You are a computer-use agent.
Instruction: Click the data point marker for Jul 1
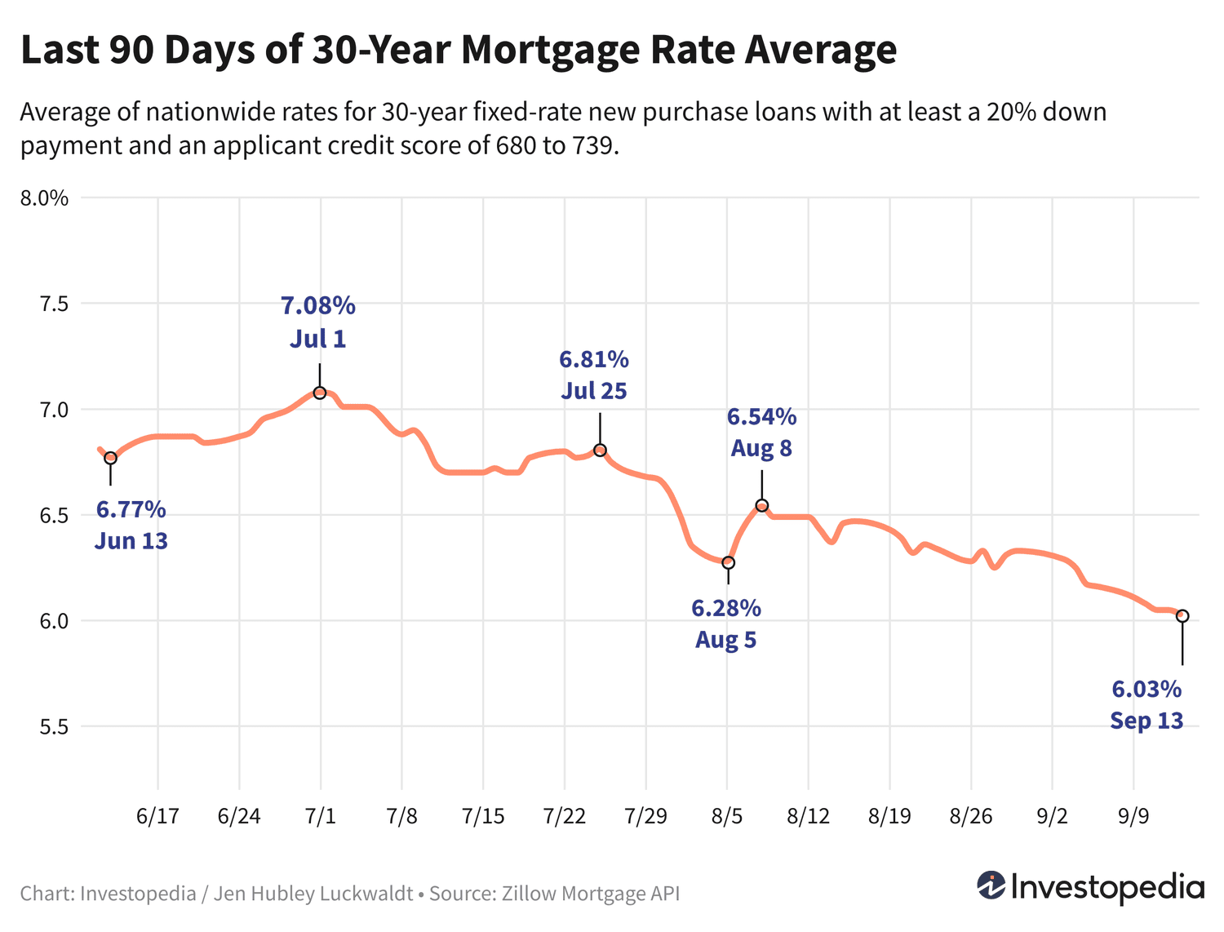click(x=320, y=393)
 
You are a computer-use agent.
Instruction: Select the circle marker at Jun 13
click(x=110, y=458)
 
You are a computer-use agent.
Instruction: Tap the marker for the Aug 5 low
click(x=728, y=562)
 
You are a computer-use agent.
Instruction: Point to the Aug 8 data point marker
click(x=761, y=505)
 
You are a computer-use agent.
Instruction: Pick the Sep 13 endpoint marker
click(x=1182, y=615)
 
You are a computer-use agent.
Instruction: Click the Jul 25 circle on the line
click(x=600, y=450)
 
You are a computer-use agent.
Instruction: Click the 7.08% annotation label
click(x=318, y=306)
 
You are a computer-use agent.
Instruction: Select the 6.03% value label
click(x=1146, y=690)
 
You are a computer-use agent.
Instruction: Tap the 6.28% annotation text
click(x=726, y=608)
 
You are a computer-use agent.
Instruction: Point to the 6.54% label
click(x=761, y=417)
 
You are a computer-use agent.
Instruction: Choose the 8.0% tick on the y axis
click(x=46, y=198)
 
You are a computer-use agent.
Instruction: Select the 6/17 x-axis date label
click(x=157, y=816)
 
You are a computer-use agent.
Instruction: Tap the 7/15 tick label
click(x=483, y=816)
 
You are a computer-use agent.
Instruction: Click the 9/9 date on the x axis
click(x=1133, y=816)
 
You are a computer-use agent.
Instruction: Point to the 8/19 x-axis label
click(x=889, y=816)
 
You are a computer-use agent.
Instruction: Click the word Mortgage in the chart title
click(x=550, y=50)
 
